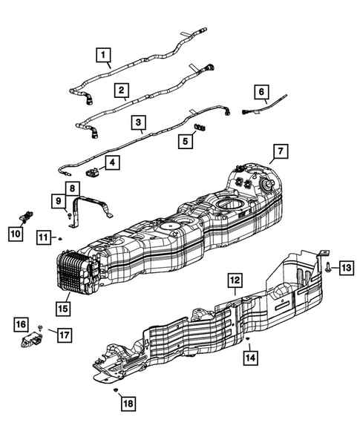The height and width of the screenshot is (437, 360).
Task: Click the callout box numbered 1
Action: [x=103, y=55]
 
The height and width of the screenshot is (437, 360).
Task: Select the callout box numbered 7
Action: [x=281, y=151]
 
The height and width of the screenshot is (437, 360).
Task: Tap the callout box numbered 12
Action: [x=235, y=280]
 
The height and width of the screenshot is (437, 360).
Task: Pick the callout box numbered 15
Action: [x=63, y=309]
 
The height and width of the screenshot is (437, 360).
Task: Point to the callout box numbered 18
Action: [x=128, y=404]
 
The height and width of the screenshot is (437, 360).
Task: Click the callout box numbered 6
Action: [x=261, y=92]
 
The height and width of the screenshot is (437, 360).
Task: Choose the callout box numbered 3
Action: [x=139, y=122]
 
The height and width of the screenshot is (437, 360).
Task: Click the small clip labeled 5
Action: [x=200, y=127]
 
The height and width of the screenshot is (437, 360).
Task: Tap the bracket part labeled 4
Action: [x=92, y=171]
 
